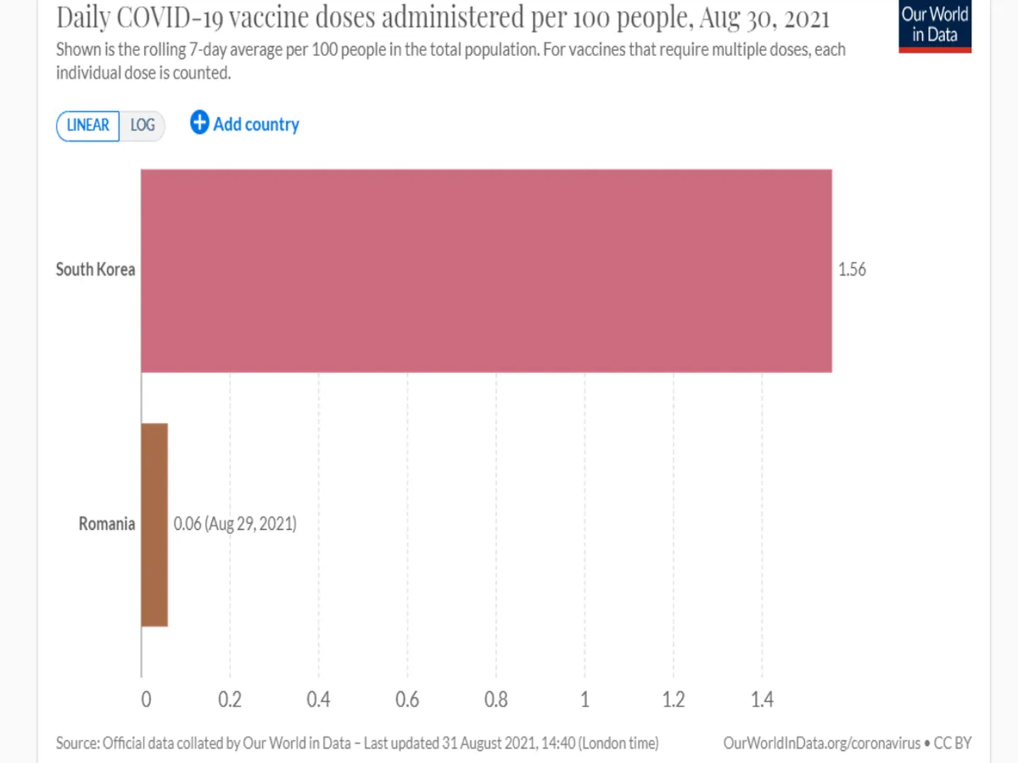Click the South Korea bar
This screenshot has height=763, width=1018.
pyautogui.click(x=486, y=270)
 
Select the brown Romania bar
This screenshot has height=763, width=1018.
pyautogui.click(x=154, y=525)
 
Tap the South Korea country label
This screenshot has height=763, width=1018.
pyautogui.click(x=95, y=270)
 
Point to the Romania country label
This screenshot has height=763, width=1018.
pyautogui.click(x=107, y=524)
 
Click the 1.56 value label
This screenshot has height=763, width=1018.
pyautogui.click(x=852, y=270)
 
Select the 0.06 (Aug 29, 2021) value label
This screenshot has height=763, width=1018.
pyautogui.click(x=235, y=524)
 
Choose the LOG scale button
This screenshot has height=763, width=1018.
pyautogui.click(x=143, y=125)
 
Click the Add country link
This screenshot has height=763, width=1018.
pyautogui.click(x=256, y=125)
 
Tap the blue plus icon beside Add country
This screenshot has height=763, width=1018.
pyautogui.click(x=199, y=123)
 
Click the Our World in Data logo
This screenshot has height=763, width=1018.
pyautogui.click(x=935, y=25)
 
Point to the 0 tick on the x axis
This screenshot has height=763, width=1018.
pyautogui.click(x=145, y=700)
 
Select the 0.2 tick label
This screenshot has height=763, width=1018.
pyautogui.click(x=230, y=700)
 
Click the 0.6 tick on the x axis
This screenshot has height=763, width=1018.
pyautogui.click(x=407, y=700)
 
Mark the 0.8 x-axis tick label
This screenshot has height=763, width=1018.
pyautogui.click(x=496, y=700)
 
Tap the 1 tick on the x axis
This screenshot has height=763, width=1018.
pyautogui.click(x=585, y=700)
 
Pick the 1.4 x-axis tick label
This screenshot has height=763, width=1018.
pyautogui.click(x=762, y=700)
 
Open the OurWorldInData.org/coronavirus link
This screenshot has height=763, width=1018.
pyautogui.click(x=821, y=744)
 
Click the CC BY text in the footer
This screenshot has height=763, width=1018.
pyautogui.click(x=953, y=744)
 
